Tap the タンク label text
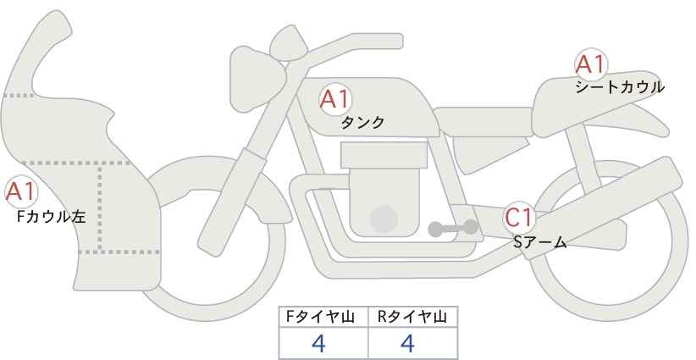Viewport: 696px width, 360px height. click(x=362, y=123)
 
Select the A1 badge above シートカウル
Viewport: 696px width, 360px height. click(x=590, y=64)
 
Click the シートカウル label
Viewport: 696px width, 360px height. click(x=619, y=87)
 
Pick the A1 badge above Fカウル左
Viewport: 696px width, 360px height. click(x=20, y=193)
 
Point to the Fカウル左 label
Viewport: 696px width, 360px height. click(x=52, y=218)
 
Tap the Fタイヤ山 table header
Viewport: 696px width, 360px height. click(x=323, y=317)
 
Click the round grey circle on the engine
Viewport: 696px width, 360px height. click(x=384, y=219)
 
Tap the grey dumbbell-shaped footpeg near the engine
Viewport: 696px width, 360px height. click(x=453, y=228)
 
